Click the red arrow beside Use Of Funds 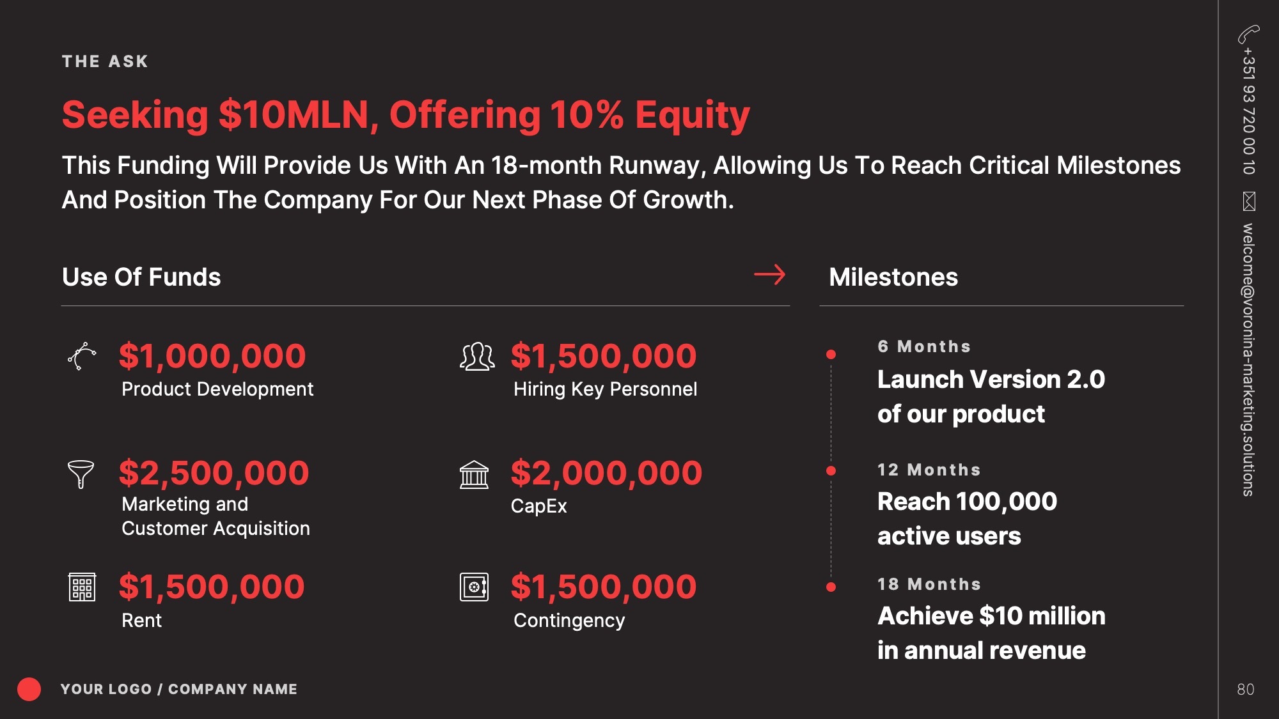point(769,275)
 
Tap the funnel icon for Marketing point(81,474)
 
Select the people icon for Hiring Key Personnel point(477,357)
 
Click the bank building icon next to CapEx point(474,475)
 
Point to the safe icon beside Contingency point(474,587)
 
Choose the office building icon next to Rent point(82,587)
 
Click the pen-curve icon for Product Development point(82,356)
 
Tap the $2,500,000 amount point(214,473)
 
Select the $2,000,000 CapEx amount point(606,473)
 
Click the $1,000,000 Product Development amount point(212,356)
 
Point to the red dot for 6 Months point(831,354)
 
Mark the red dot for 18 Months point(831,587)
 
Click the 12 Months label point(929,470)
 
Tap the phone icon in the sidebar point(1248,34)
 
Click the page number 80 point(1245,689)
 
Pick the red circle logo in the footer point(29,689)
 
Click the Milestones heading point(893,277)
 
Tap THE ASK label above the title point(105,61)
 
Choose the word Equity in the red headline point(692,115)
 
